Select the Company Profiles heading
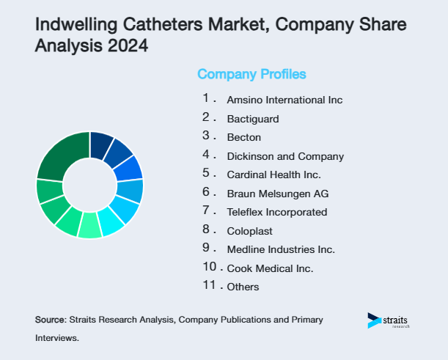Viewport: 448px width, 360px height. click(x=251, y=74)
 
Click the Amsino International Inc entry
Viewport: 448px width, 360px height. click(x=284, y=100)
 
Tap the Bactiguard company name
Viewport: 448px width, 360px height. click(x=253, y=118)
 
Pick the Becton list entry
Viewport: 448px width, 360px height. click(x=244, y=137)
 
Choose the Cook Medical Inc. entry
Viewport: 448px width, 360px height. click(x=271, y=268)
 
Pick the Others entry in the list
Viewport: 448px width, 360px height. click(x=243, y=287)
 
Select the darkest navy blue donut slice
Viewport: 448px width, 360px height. click(x=100, y=144)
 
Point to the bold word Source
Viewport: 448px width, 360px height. click(x=50, y=320)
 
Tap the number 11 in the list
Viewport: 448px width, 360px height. click(x=209, y=286)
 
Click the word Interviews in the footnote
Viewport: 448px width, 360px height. click(x=56, y=339)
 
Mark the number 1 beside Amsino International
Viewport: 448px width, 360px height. click(x=207, y=98)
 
